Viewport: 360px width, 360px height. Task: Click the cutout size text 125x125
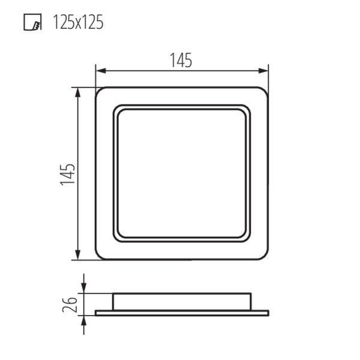point(78,22)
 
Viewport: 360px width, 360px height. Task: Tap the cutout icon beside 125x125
point(32,22)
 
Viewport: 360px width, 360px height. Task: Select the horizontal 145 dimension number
point(181,61)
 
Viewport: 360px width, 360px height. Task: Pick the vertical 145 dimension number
point(68,174)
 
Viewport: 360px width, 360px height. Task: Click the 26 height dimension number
point(70,304)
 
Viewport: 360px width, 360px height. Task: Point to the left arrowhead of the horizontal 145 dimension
point(101,71)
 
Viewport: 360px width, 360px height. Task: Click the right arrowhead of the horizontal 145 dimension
point(263,71)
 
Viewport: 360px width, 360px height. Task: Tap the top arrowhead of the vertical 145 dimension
point(78,92)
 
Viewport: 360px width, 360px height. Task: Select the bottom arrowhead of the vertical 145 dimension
point(78,255)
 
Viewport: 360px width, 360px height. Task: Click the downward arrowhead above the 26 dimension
point(84,288)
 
